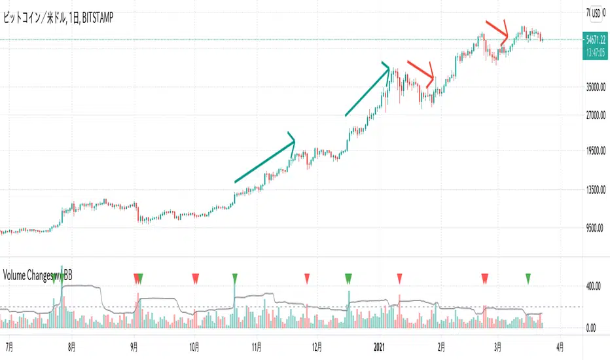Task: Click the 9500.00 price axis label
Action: coord(598,228)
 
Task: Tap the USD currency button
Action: coord(596,12)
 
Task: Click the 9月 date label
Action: coord(134,344)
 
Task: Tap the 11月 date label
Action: coord(257,344)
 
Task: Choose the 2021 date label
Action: coord(380,344)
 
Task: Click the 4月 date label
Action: coord(560,344)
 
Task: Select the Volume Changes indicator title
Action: coord(37,275)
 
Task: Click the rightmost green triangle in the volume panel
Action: coord(528,279)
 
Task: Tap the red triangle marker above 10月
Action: coord(195,279)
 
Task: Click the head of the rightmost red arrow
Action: coord(505,36)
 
